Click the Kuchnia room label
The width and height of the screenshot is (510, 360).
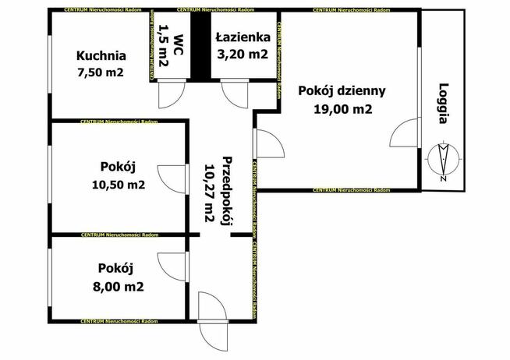101,56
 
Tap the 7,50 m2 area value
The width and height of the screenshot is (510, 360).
101,72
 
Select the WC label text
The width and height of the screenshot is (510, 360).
179,43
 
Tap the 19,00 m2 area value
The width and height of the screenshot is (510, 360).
342,109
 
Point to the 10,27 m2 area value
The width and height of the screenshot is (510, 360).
209,193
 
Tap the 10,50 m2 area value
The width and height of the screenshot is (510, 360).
119,185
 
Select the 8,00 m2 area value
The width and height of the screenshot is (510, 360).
119,286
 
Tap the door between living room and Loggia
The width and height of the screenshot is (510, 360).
403,134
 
